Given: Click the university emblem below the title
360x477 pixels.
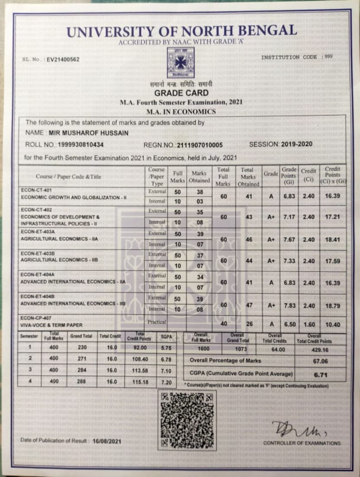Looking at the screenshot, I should [x=178, y=62].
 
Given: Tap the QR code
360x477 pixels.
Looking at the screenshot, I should [x=186, y=419].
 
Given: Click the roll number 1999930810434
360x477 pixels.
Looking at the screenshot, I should [x=81, y=145].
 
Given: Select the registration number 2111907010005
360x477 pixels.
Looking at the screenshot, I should [x=197, y=145].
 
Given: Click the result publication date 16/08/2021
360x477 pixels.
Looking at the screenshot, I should [x=107, y=441].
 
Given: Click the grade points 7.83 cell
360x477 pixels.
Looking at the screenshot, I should [x=289, y=305].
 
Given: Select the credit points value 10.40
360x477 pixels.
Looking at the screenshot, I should [x=333, y=325].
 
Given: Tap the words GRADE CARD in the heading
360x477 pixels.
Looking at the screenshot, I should [x=182, y=93].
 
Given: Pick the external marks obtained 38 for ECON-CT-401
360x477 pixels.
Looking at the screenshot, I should [x=199, y=192].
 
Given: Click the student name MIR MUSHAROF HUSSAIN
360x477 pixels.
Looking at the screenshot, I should [x=89, y=133].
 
